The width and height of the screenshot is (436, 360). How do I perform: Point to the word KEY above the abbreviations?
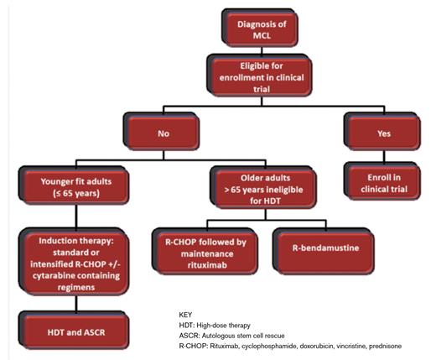pos(185,315)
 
